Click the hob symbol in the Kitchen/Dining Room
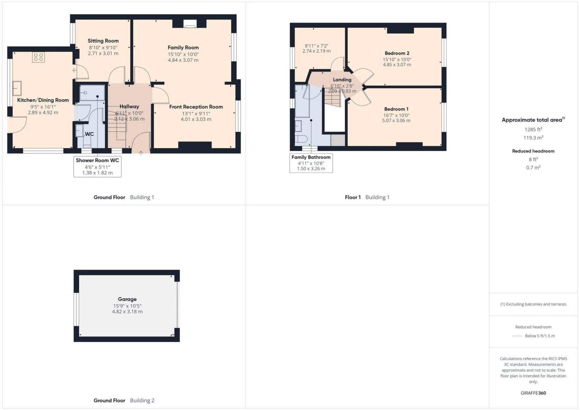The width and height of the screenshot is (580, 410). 38,57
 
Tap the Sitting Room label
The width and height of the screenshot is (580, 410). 103,41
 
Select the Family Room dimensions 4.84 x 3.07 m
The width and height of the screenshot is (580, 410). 183,60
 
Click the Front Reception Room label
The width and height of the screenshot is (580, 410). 196,107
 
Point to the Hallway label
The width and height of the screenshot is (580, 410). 129,107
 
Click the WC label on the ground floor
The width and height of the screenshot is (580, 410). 89,134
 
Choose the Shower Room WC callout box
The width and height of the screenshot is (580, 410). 97,166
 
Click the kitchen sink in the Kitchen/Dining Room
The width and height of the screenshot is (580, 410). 17,88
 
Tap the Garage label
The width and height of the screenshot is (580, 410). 127,299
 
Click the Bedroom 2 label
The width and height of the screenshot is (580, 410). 397,53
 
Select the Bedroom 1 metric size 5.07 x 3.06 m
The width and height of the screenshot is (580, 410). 396,120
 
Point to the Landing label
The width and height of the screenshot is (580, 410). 342,80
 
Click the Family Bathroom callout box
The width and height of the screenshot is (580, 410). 311,163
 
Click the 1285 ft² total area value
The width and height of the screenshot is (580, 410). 533,130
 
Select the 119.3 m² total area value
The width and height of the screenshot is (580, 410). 533,138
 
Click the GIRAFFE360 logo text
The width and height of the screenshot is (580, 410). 533,393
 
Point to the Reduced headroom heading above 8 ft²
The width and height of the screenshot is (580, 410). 533,151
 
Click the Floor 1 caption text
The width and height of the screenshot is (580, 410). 353,197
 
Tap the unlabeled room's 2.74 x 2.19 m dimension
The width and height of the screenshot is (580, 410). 316,51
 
